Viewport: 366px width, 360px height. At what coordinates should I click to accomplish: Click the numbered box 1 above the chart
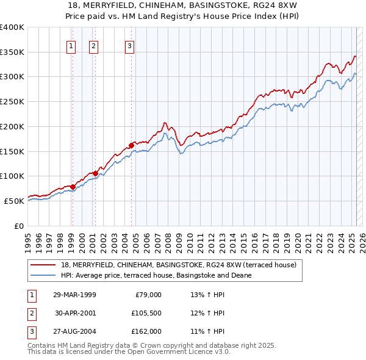tap(72, 45)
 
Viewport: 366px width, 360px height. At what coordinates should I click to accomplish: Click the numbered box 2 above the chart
tap(93, 45)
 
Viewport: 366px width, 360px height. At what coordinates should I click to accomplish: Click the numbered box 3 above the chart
tap(130, 45)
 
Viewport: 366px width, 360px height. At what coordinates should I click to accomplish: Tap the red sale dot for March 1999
tap(73, 187)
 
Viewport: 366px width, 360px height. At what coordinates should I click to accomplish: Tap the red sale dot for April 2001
tap(95, 173)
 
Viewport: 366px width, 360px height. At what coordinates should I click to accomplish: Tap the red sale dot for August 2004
tap(131, 145)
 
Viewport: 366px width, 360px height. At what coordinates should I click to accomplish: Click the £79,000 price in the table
tap(148, 295)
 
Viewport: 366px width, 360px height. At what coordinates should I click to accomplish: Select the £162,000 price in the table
tap(146, 331)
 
